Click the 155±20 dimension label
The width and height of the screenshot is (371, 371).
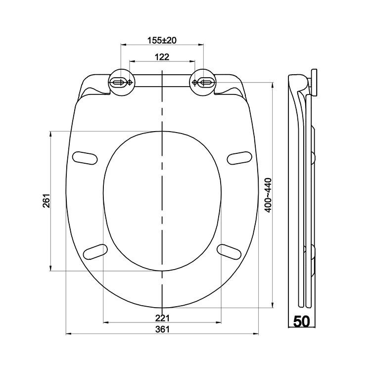coord(162,40)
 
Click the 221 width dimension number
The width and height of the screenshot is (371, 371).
coord(162,318)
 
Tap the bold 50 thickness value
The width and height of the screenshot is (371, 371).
coord(301,322)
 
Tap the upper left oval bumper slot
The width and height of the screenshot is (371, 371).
coord(85,157)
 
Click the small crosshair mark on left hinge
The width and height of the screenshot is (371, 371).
coord(130,83)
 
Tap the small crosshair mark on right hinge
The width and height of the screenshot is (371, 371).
coord(195,83)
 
